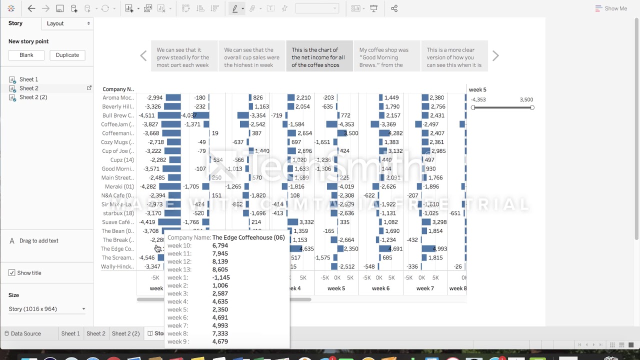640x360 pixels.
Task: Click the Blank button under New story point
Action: [x=26, y=55]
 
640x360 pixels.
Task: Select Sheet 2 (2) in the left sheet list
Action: [x=33, y=97]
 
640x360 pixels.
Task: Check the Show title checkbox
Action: [x=12, y=273]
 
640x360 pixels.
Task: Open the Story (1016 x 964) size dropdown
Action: [x=47, y=309]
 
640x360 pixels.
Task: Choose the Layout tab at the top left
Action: [x=67, y=23]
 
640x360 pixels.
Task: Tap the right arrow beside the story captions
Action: [x=495, y=56]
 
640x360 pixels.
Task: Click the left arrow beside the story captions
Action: [x=143, y=56]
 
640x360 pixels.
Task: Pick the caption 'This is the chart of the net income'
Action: [x=319, y=57]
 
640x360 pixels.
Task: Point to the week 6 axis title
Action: [x=380, y=288]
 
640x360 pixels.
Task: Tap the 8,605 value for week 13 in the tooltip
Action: [x=220, y=269]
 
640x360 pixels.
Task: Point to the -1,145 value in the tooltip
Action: [x=220, y=277]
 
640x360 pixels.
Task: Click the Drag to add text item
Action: [x=38, y=241]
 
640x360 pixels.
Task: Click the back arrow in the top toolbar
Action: [x=31, y=8]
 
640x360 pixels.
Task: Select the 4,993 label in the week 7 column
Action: [x=439, y=249]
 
